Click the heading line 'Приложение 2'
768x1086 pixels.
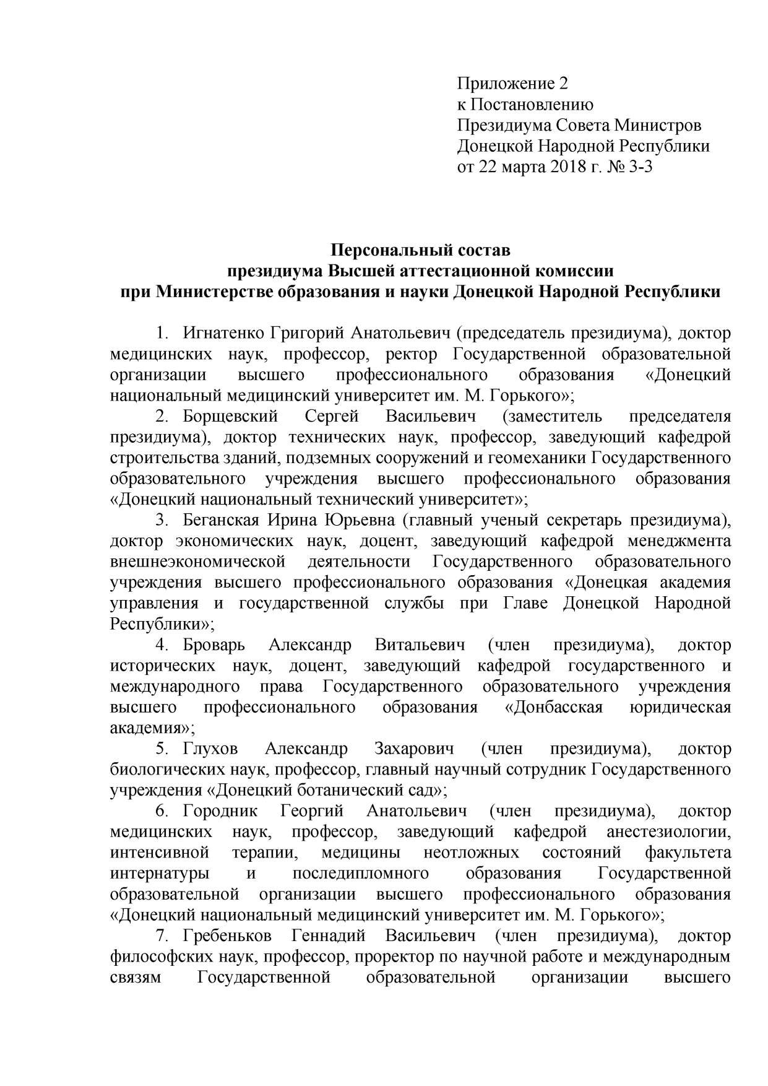(x=512, y=83)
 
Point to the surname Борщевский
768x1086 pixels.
(x=230, y=416)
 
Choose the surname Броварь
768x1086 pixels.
(x=214, y=645)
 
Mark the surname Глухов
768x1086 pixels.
(x=210, y=749)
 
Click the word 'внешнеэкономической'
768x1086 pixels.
(x=197, y=562)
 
